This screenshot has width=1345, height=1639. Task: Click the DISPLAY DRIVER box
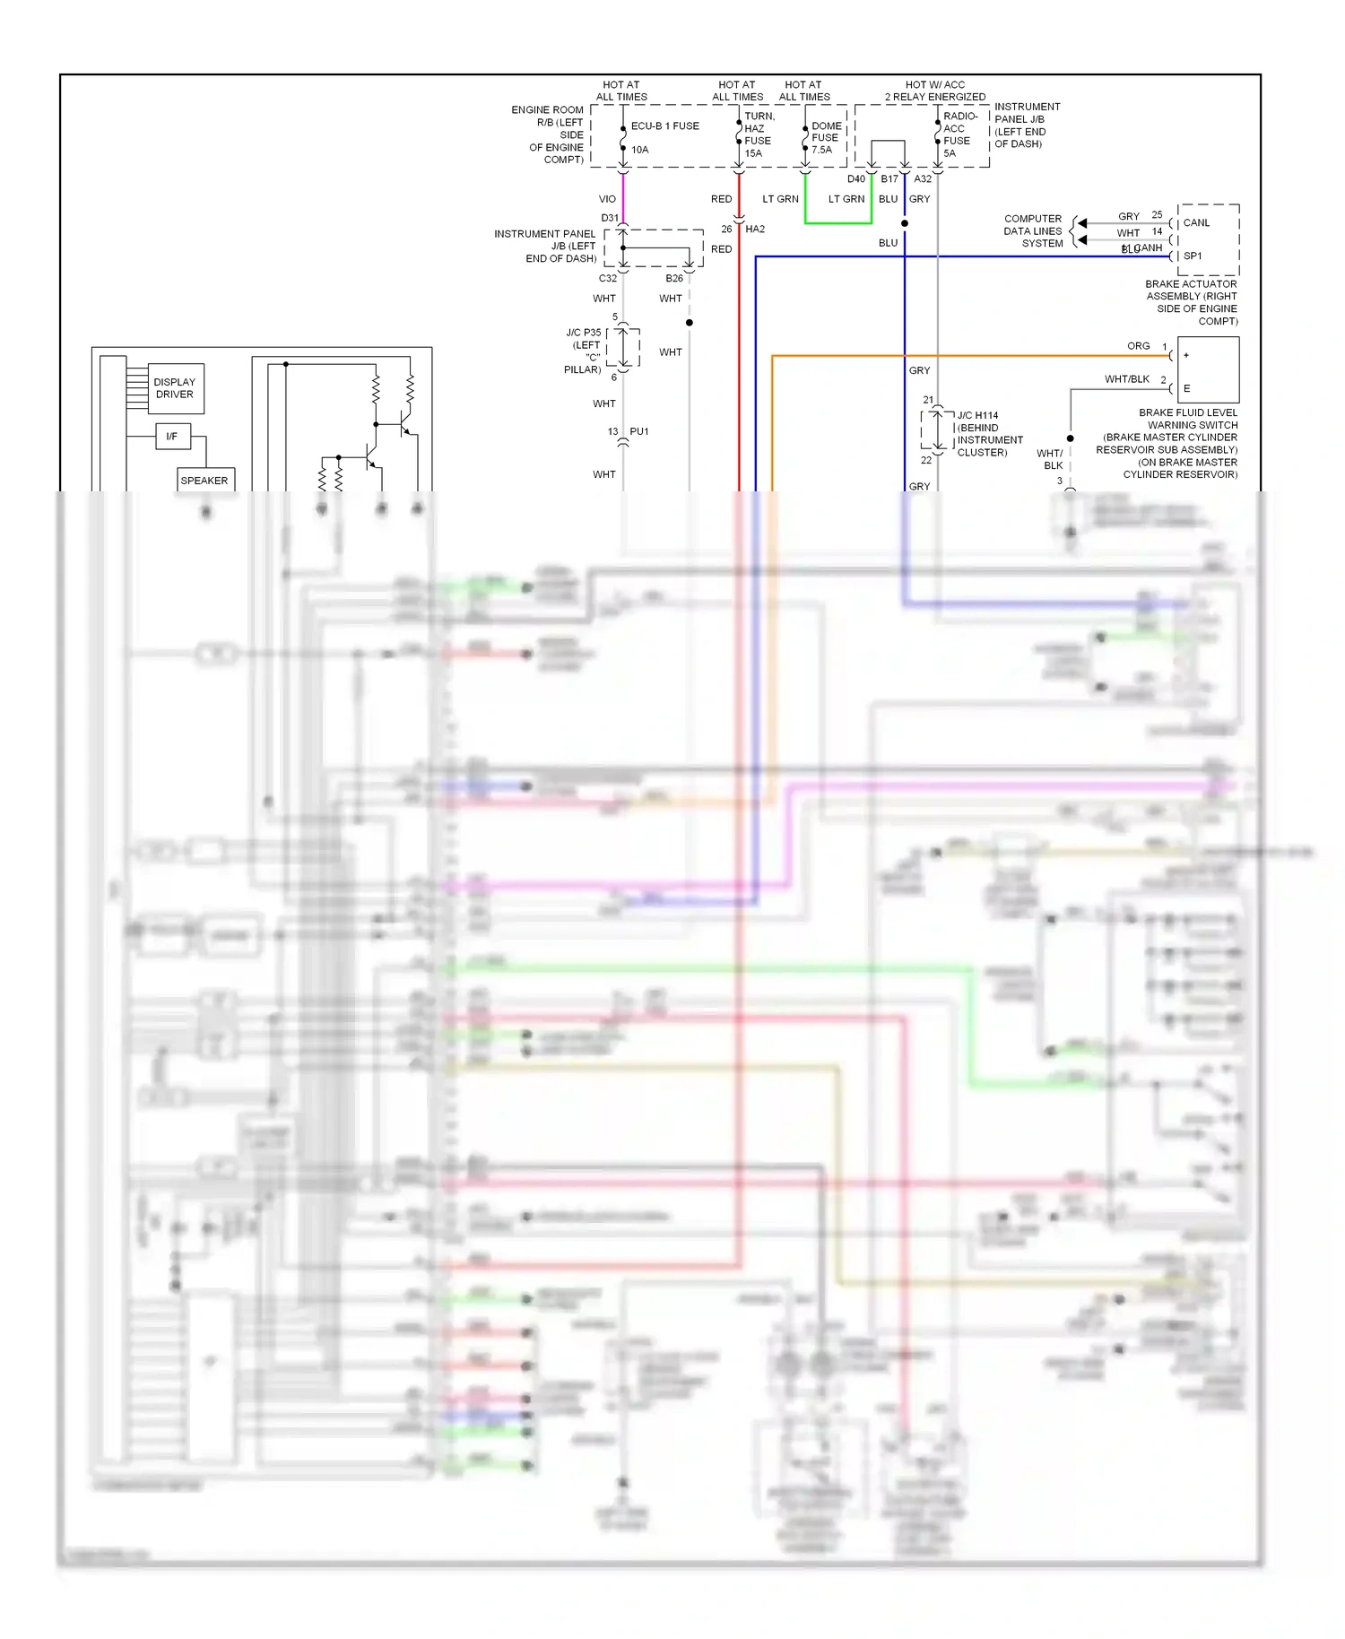click(174, 388)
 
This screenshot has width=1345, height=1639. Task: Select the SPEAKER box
click(205, 481)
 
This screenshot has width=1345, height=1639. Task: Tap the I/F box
click(172, 437)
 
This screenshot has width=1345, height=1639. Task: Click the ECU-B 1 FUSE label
click(664, 126)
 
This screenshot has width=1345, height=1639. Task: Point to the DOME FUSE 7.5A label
click(826, 138)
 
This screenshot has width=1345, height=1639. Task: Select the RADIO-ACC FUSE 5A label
click(958, 134)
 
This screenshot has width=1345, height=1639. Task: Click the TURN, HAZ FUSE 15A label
click(758, 134)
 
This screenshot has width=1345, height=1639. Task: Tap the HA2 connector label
click(755, 230)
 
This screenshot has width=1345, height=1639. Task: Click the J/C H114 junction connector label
click(977, 416)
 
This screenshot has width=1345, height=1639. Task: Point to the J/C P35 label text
click(584, 333)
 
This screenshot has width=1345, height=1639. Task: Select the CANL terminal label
click(1197, 223)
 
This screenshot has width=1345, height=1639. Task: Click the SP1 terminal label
click(1193, 256)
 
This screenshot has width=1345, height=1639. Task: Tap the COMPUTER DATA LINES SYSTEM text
click(1033, 231)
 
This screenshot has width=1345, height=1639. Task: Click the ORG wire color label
click(1138, 346)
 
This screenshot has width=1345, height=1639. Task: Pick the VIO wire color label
click(607, 199)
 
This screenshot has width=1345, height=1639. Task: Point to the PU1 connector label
click(638, 432)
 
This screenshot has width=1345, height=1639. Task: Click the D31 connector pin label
click(610, 218)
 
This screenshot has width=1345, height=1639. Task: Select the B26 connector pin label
click(674, 279)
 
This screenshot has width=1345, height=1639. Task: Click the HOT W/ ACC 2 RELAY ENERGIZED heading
click(934, 91)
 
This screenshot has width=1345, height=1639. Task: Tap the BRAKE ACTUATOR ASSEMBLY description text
click(1192, 302)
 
